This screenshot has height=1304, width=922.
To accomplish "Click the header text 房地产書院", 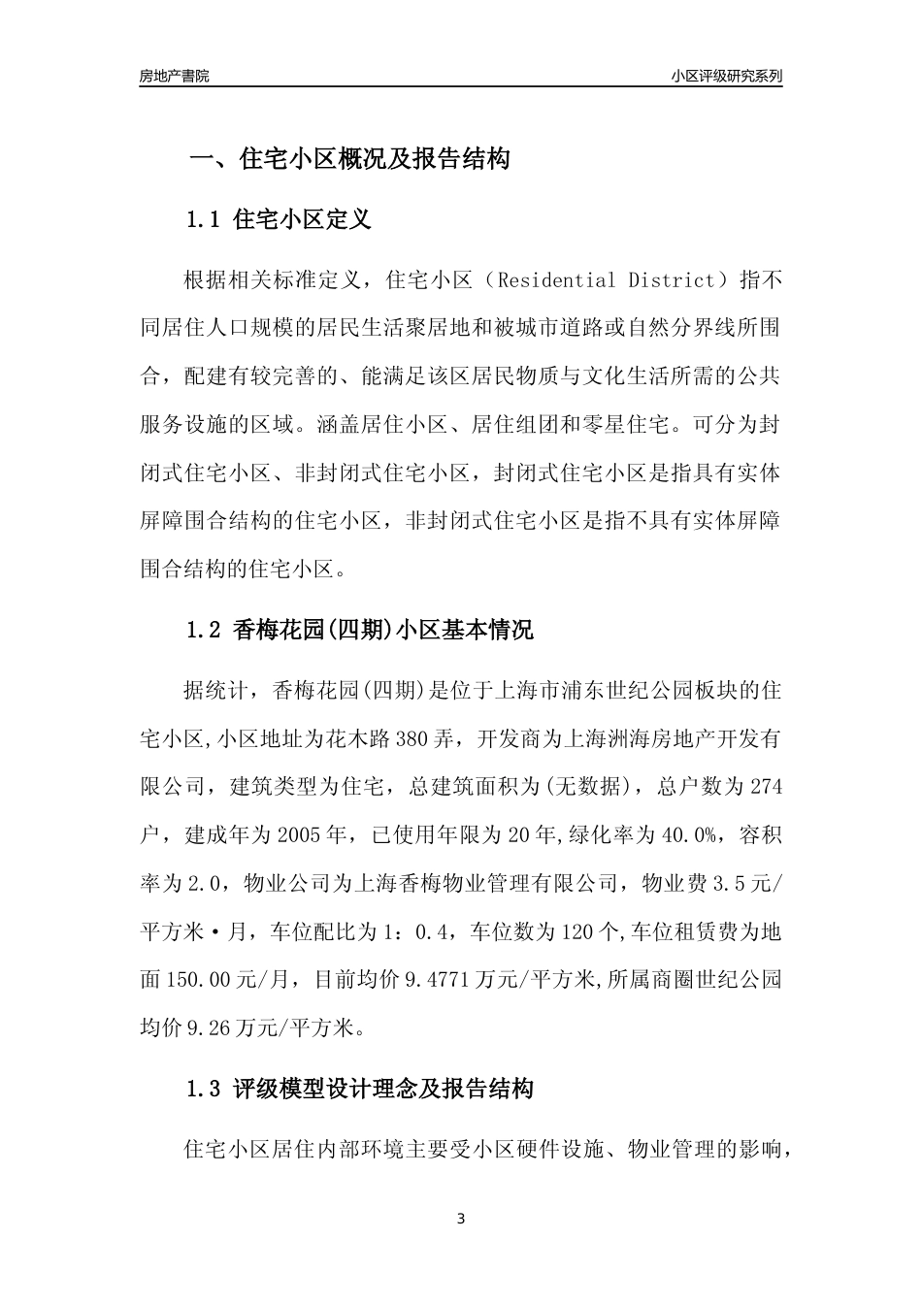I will tap(175, 76).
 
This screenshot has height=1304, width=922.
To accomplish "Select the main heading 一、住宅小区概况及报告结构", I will tap(348, 159).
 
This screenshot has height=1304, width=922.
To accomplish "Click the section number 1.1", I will tap(206, 220).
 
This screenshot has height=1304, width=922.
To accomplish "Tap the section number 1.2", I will tap(206, 631).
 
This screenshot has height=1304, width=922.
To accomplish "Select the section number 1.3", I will tap(206, 1090).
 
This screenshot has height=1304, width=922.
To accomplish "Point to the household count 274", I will tap(765, 787).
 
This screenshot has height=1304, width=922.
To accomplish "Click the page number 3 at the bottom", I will tap(461, 1220).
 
